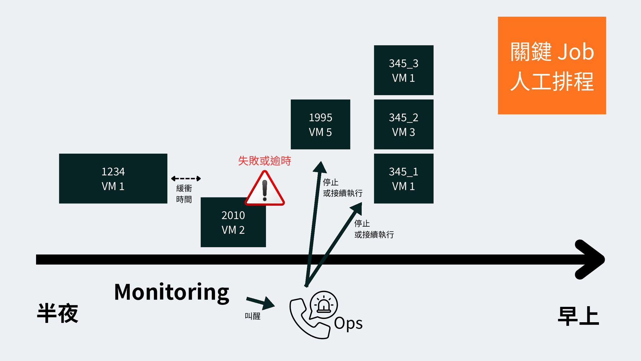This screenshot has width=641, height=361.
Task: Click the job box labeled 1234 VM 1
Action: point(113,178)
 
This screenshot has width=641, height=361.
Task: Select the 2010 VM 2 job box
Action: point(233,223)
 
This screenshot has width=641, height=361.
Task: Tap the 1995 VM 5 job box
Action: point(320,124)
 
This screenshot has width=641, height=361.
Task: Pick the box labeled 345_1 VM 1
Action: point(403,178)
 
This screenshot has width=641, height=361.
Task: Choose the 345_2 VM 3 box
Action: point(403,124)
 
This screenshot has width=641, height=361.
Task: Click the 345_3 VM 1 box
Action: point(403,70)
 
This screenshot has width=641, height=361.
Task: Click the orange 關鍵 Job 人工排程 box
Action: point(552,66)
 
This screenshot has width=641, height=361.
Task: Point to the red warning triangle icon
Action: point(265,189)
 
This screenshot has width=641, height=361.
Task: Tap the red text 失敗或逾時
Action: point(264,161)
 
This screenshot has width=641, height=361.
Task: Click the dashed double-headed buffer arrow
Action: point(186,178)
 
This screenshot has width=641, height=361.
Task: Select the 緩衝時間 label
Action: point(184,194)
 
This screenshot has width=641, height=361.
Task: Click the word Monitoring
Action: point(172,292)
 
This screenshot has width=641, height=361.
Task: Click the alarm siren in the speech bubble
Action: point(324,305)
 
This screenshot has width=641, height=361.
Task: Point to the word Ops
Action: point(348,323)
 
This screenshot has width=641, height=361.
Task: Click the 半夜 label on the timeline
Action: point(57,313)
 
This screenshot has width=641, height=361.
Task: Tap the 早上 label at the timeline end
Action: point(578,316)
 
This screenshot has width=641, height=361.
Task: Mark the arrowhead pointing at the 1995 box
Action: point(320,167)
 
